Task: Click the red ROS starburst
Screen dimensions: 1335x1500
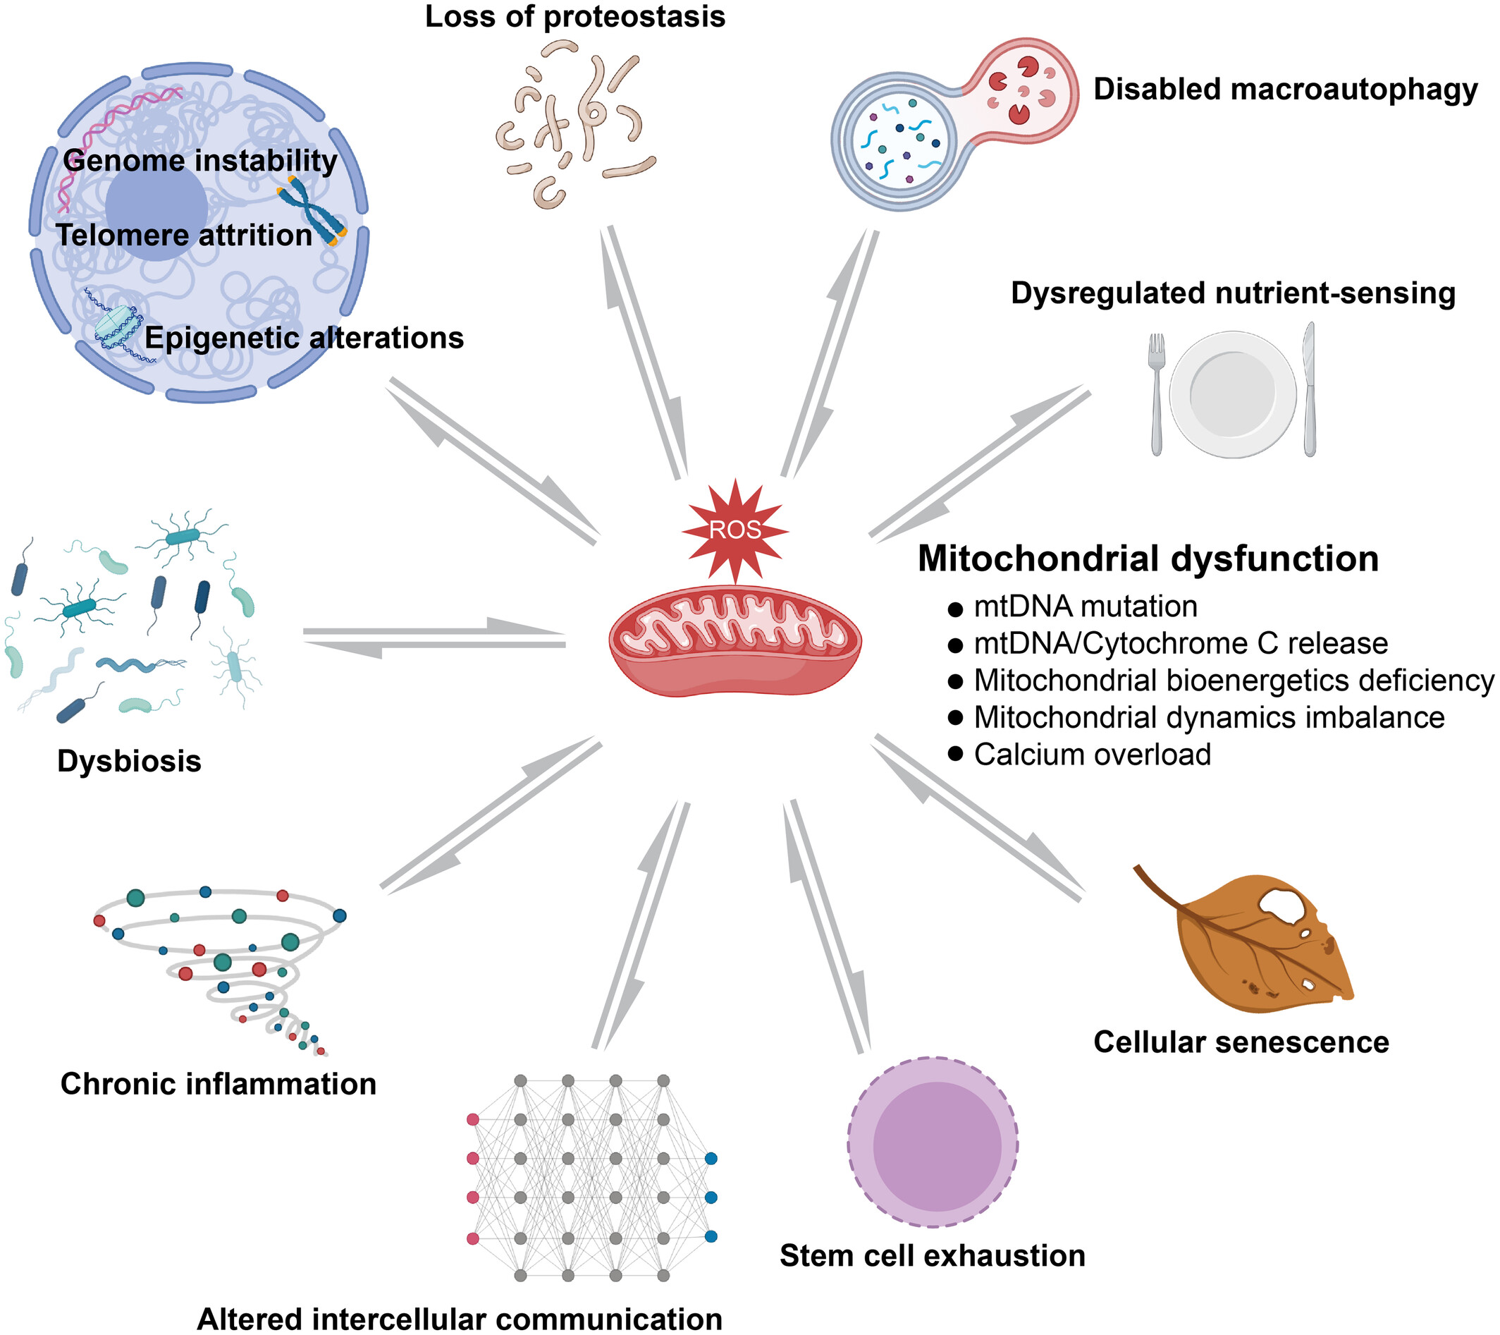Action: point(735,530)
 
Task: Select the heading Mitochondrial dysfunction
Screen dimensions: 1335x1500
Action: point(1148,559)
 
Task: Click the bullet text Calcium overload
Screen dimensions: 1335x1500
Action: point(1092,755)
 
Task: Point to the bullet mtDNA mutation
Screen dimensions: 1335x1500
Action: point(1085,607)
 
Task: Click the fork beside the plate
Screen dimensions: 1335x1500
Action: point(1157,393)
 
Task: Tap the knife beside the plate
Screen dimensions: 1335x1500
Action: point(1309,389)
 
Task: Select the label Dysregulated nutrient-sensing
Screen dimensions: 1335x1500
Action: point(1233,293)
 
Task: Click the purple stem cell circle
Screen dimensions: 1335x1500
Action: point(933,1142)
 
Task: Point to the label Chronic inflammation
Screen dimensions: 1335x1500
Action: point(218,1084)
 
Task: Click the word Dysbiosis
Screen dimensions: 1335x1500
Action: point(129,762)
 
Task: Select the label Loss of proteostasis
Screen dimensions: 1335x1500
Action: point(574,16)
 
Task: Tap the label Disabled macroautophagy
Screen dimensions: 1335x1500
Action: point(1285,90)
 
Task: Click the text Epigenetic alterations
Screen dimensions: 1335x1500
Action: point(304,338)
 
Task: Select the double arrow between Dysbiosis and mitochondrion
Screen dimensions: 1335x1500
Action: point(434,638)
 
